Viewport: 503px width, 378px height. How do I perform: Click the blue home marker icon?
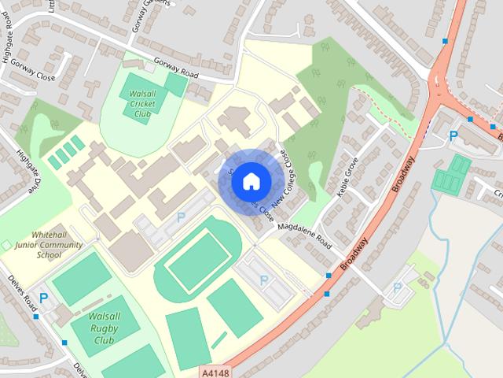click(x=251, y=180)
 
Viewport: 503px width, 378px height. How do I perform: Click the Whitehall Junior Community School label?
click(x=49, y=245)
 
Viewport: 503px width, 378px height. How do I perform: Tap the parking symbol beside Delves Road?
click(x=43, y=298)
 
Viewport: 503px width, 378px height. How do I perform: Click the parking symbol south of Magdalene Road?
click(x=263, y=280)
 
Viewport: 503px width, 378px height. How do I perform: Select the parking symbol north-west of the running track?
click(x=181, y=217)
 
